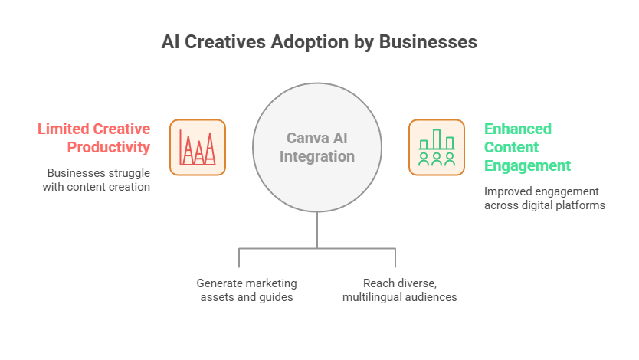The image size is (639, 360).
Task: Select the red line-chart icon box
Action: click(x=197, y=147)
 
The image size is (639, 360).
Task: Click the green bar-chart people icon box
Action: click(x=437, y=147)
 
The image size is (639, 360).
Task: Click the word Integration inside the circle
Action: click(x=317, y=157)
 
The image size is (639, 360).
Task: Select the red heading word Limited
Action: click(x=64, y=129)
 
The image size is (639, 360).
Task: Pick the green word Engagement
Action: click(x=527, y=165)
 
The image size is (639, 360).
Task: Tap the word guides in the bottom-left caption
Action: click(x=277, y=296)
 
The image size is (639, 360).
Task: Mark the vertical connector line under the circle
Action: click(x=317, y=229)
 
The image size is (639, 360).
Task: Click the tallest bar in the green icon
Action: click(x=437, y=139)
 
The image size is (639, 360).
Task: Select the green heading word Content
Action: click(x=511, y=147)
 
